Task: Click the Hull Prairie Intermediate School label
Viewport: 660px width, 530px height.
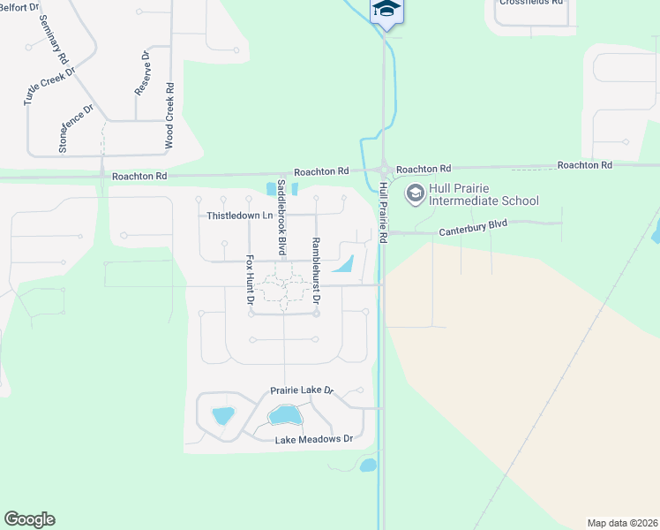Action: pos(484,194)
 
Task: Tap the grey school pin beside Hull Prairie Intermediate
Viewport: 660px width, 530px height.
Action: pos(415,192)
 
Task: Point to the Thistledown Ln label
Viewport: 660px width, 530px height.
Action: pos(236,216)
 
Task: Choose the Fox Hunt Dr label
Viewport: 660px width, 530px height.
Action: pos(250,281)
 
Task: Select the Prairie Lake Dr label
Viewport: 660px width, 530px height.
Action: pos(302,390)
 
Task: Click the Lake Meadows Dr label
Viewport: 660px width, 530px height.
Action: pos(313,439)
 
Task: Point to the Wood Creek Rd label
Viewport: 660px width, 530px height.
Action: pos(169,115)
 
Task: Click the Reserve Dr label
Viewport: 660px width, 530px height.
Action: pos(143,72)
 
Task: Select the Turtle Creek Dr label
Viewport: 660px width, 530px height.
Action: pos(49,86)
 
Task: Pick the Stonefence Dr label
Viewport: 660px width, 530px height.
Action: pos(75,129)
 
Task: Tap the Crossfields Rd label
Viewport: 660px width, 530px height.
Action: pos(530,3)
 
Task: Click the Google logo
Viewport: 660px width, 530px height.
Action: pos(29,519)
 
